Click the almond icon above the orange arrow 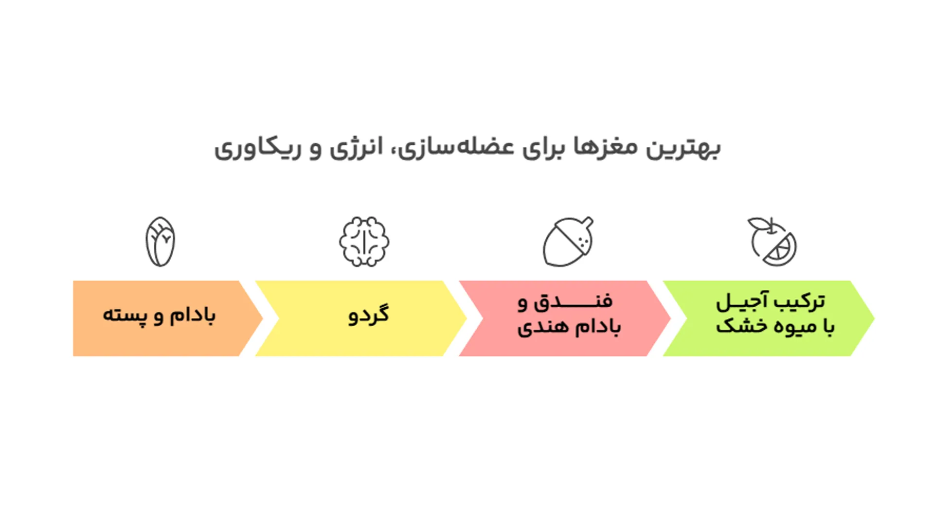pos(160,242)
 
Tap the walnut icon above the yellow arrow pos(364,242)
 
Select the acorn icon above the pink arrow pos(567,242)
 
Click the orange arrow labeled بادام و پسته pos(161,318)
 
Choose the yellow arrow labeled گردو pos(360,318)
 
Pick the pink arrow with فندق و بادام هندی pos(564,318)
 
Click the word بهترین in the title pos(683,148)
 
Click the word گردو pos(369,315)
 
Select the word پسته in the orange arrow pos(125,316)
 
